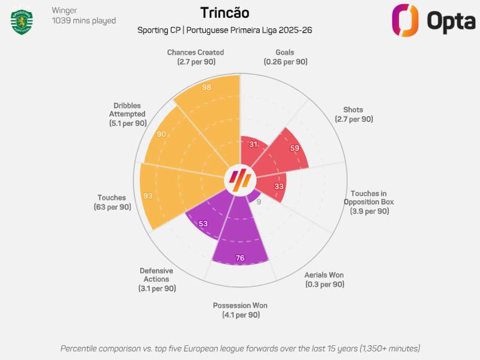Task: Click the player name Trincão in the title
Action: (x=225, y=13)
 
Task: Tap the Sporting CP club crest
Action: (x=22, y=21)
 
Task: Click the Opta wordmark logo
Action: (x=433, y=21)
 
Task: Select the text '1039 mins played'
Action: (x=84, y=21)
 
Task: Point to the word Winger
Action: (x=65, y=10)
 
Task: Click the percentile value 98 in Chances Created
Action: (x=207, y=87)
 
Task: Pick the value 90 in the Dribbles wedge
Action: (x=161, y=134)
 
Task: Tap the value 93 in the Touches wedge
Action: (x=148, y=196)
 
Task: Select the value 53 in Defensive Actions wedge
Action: (x=203, y=223)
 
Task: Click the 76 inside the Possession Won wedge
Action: (x=240, y=258)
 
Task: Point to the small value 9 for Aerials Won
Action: (x=259, y=202)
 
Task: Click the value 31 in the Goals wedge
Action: (x=254, y=144)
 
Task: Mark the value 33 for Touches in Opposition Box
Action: (x=279, y=186)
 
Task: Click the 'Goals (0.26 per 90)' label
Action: (x=285, y=57)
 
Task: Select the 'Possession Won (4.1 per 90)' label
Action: (x=240, y=310)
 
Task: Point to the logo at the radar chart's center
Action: (x=239, y=180)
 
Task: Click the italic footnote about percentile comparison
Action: (x=240, y=348)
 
